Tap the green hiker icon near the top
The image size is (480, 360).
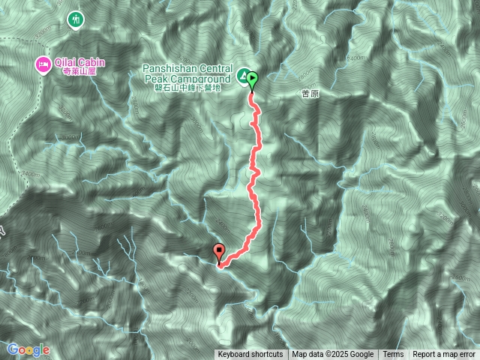click(75, 19)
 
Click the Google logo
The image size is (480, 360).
click(28, 349)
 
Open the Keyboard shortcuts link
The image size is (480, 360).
click(250, 355)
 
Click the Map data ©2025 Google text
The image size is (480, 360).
click(332, 355)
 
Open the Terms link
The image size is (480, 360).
click(393, 355)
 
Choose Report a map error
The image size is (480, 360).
click(445, 355)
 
